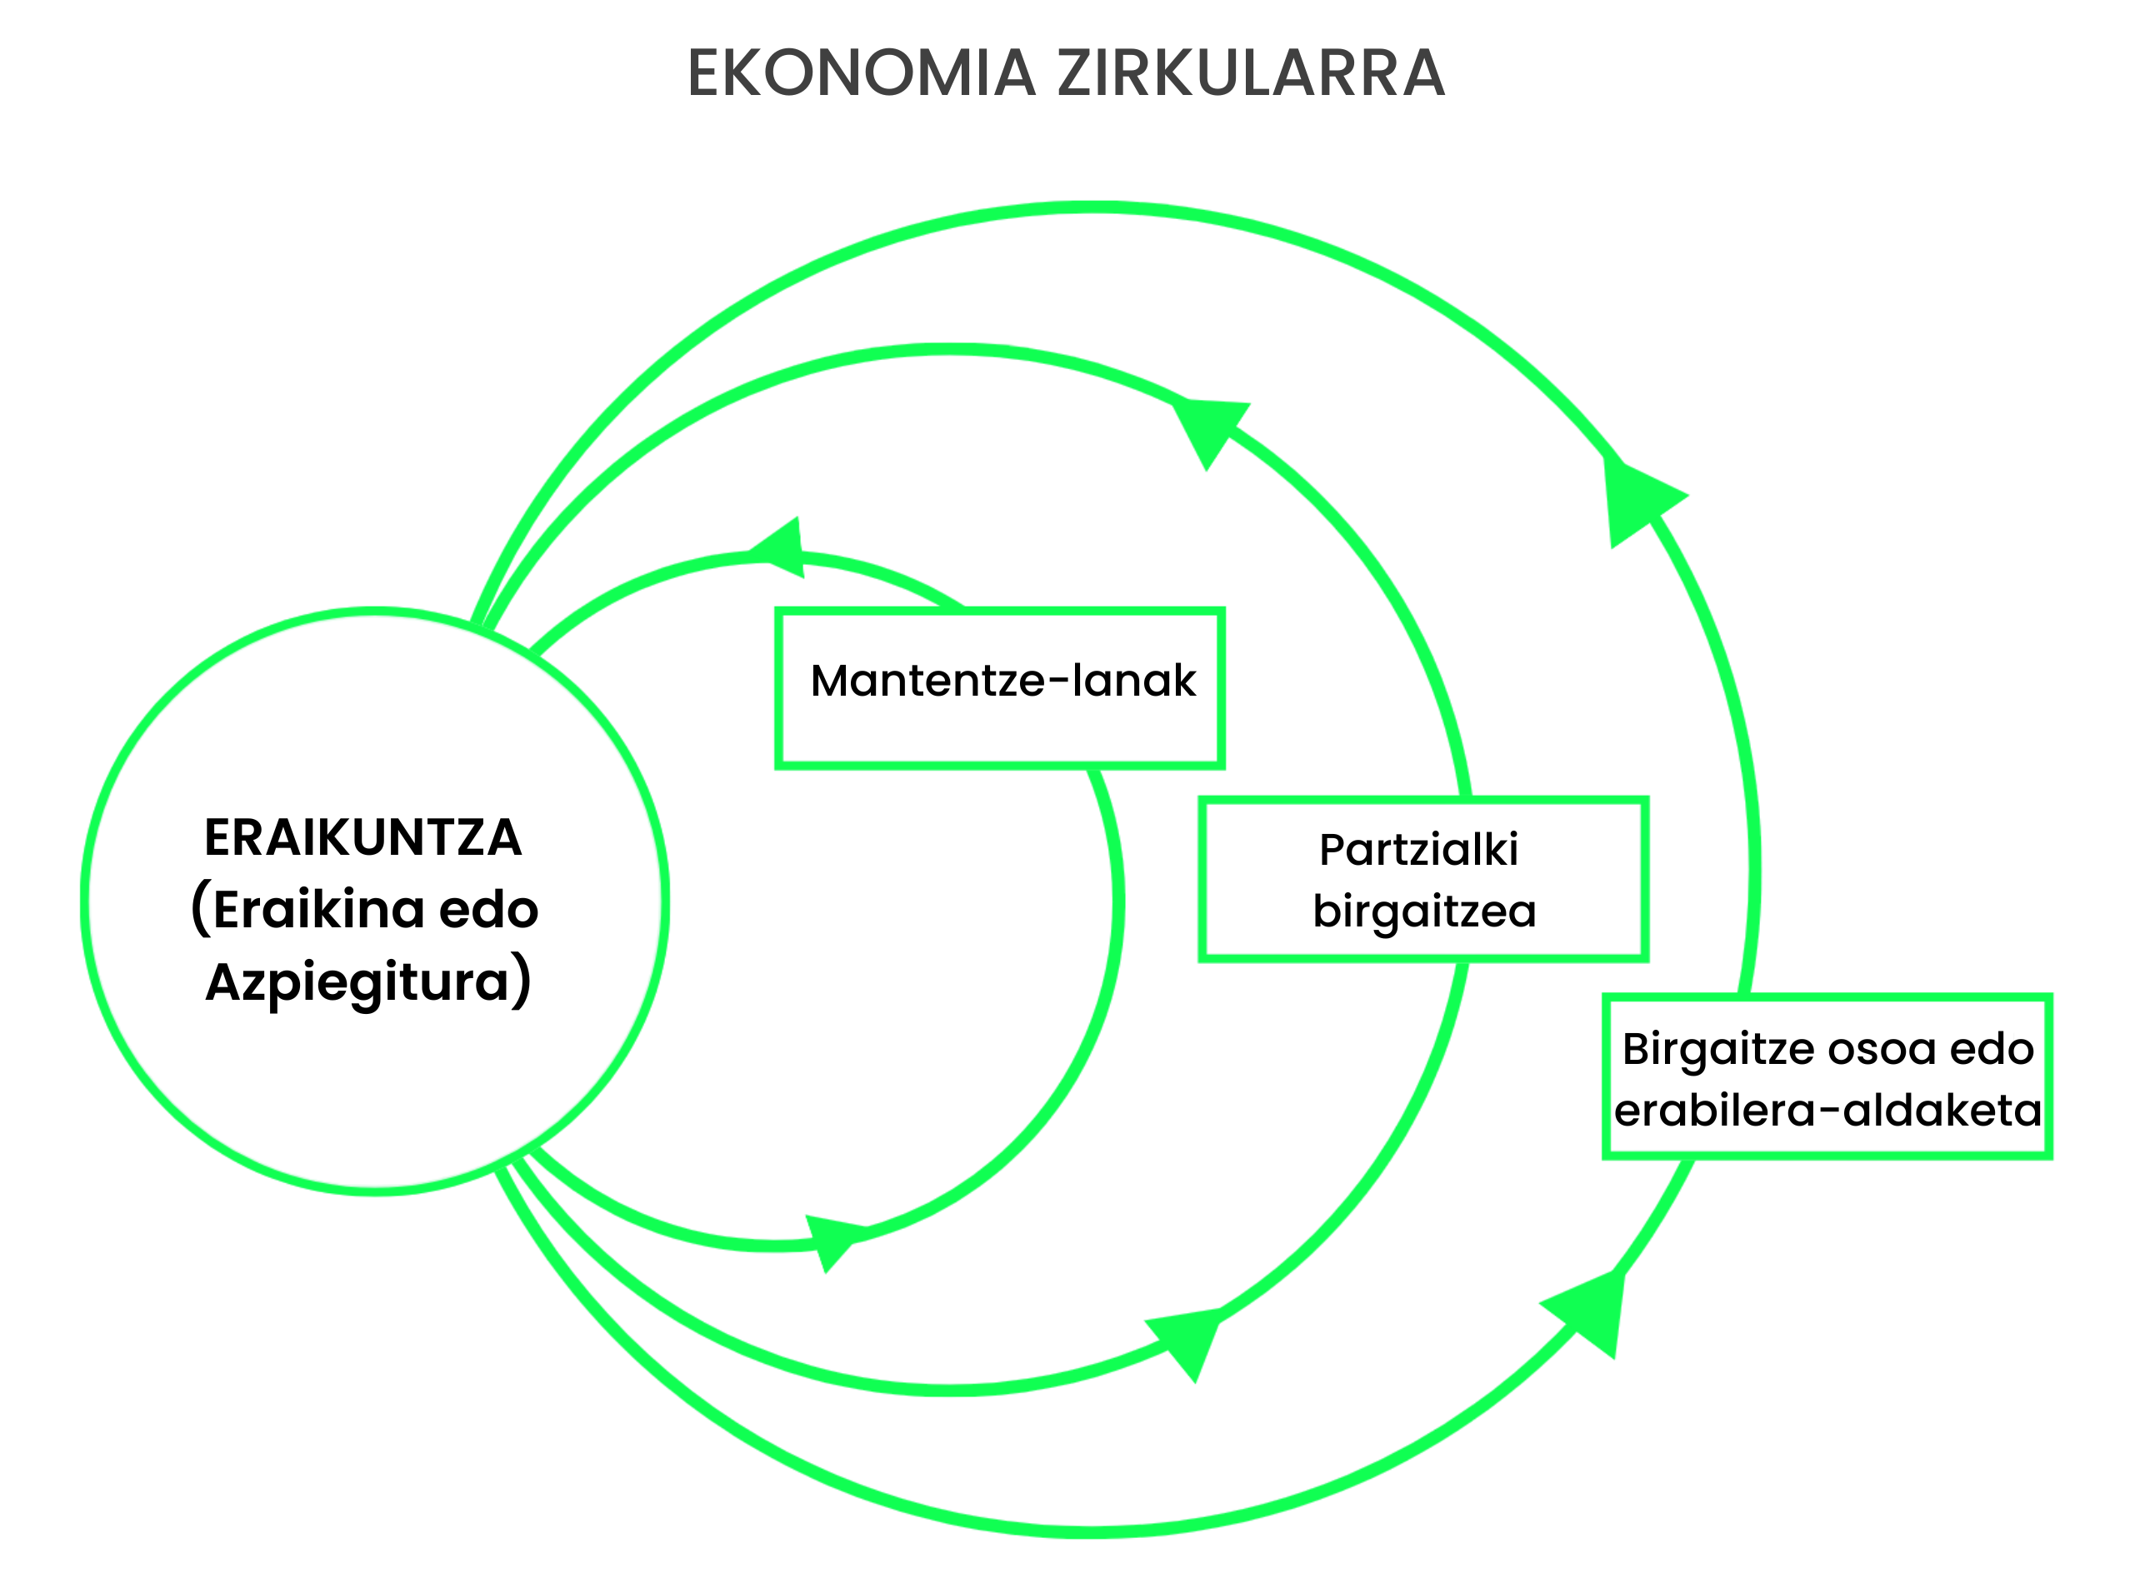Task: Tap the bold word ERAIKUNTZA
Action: tap(363, 837)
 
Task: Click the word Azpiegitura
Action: tap(357, 983)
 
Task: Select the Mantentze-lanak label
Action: tap(1003, 681)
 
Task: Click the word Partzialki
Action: tap(1418, 850)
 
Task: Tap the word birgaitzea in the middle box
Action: tap(1425, 911)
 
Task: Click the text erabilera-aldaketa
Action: tap(1828, 1111)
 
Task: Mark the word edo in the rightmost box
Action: tap(1991, 1048)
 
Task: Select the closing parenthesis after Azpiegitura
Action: tap(520, 981)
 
